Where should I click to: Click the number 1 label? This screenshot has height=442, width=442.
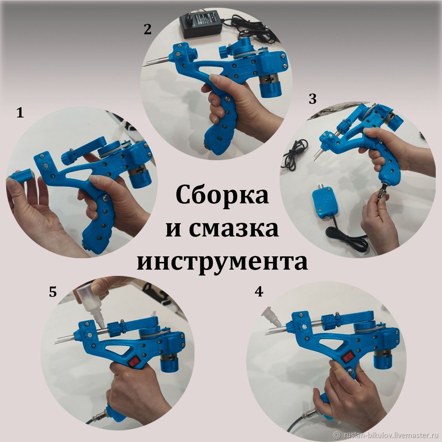[20, 113]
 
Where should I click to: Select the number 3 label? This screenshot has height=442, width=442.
[313, 99]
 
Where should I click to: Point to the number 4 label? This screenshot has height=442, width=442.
[259, 292]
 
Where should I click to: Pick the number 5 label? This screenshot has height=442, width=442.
[53, 292]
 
